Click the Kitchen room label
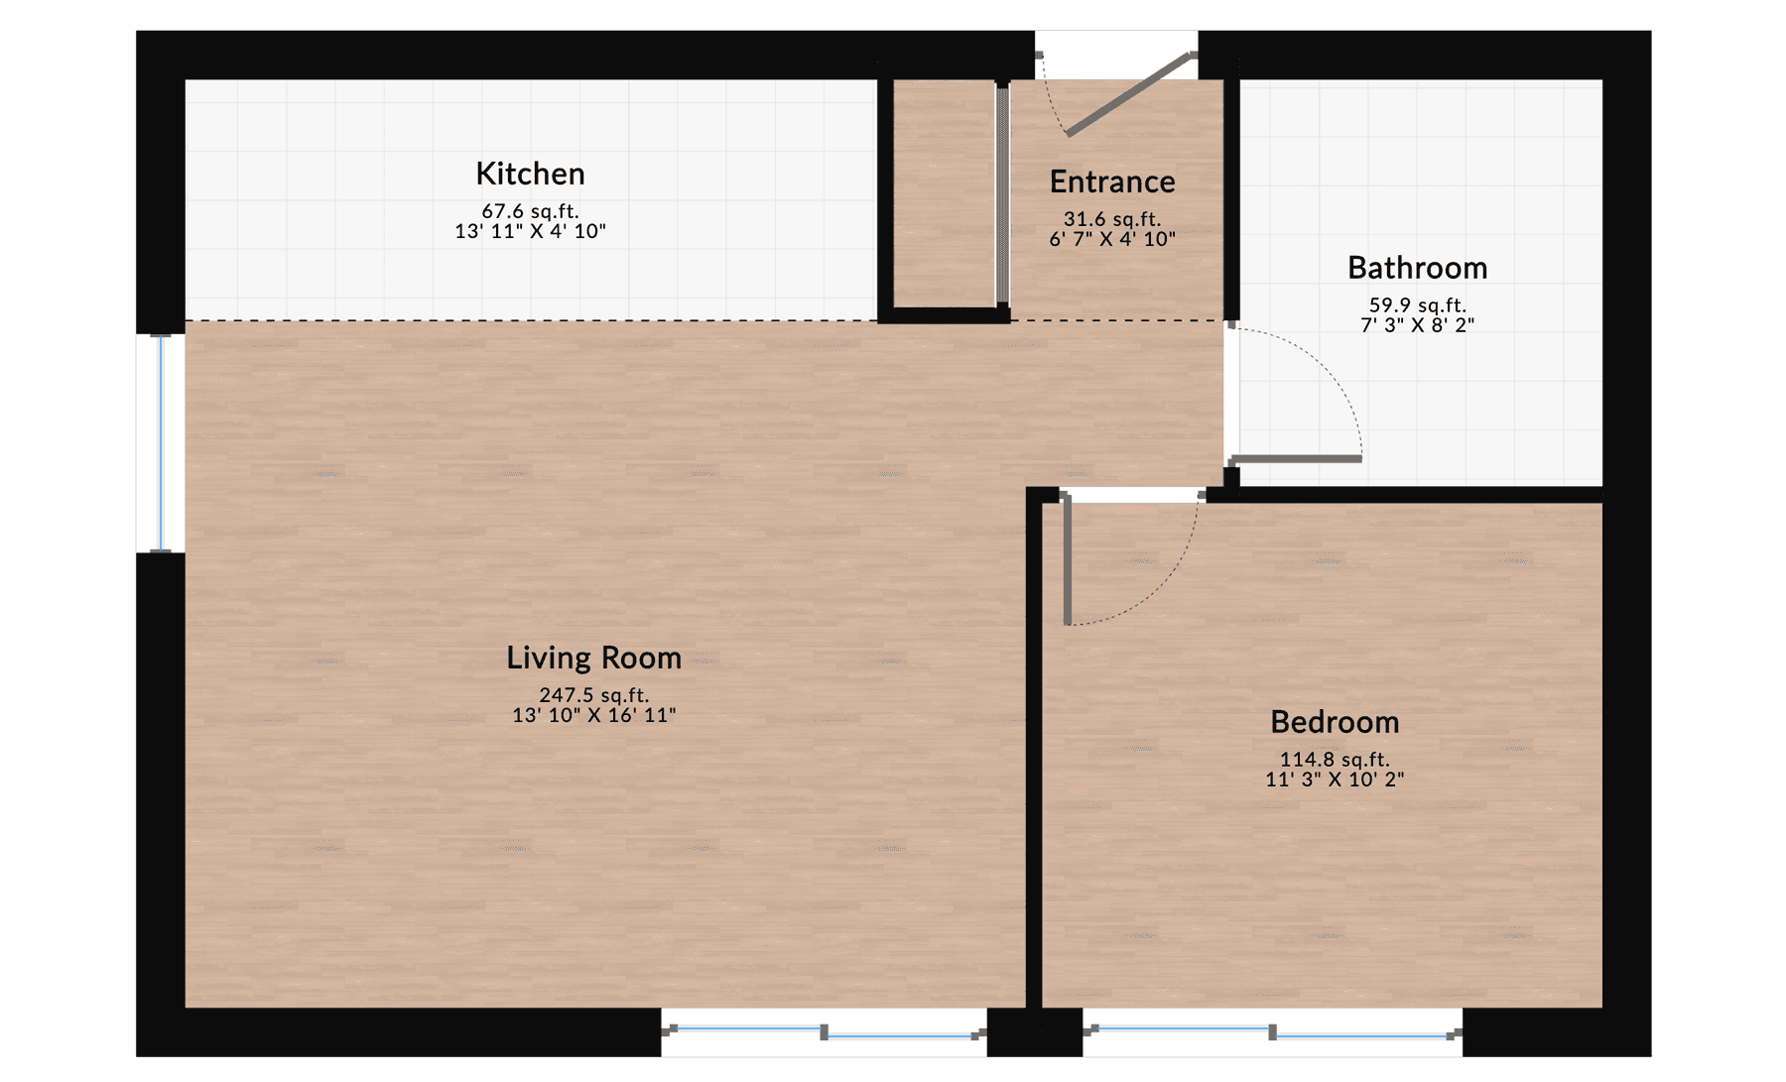(x=530, y=174)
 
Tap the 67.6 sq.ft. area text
(x=530, y=211)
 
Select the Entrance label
(x=1112, y=181)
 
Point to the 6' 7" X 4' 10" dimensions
(x=1112, y=239)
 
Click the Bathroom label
(x=1417, y=268)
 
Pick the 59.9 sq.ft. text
(x=1417, y=305)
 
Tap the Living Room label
(x=593, y=658)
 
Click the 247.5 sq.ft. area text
(x=593, y=695)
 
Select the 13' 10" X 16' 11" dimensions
(x=593, y=715)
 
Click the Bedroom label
(x=1335, y=722)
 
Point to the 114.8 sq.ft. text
(x=1335, y=760)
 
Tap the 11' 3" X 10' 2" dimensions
(x=1335, y=780)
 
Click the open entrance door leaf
(x=1129, y=94)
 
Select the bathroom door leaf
(x=1296, y=459)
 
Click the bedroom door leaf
(x=1068, y=560)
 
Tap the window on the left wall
(x=161, y=443)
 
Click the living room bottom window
(x=824, y=1032)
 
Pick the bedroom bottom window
(x=1272, y=1032)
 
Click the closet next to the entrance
(x=944, y=193)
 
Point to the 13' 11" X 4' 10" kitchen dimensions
(x=530, y=231)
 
